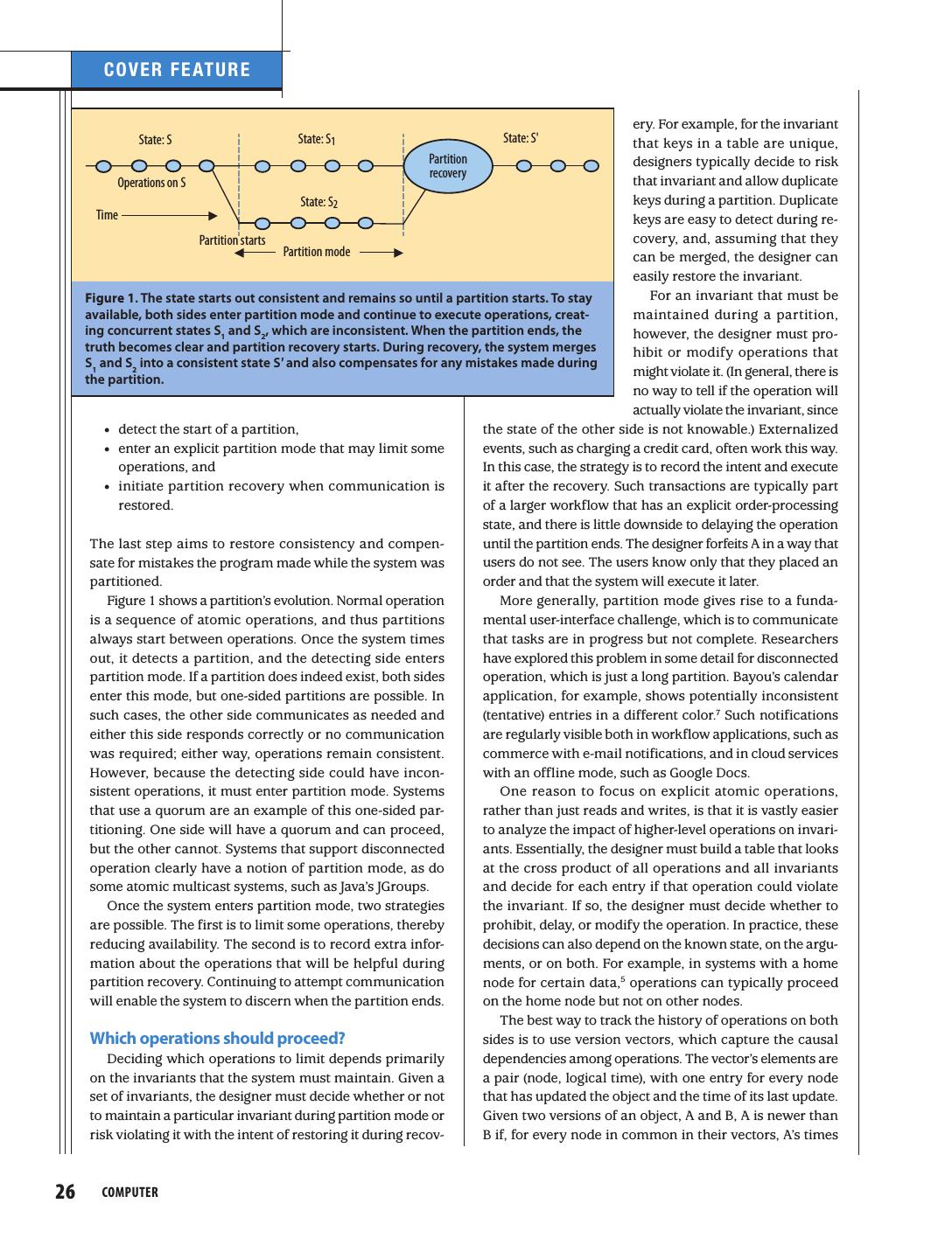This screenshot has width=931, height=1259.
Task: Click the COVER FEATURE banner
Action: (x=177, y=70)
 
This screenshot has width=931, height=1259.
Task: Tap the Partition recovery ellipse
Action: (x=447, y=166)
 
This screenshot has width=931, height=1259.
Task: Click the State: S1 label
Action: (x=317, y=139)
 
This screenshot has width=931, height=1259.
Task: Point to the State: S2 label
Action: (x=318, y=202)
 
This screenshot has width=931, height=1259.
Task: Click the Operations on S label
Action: (x=151, y=183)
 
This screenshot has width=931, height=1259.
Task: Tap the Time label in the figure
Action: (x=107, y=215)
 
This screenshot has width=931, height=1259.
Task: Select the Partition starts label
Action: (x=232, y=240)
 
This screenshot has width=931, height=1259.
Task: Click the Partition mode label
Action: (x=316, y=252)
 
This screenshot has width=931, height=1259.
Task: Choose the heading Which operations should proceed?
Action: (x=218, y=1039)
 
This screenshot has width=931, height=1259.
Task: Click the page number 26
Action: (x=66, y=1192)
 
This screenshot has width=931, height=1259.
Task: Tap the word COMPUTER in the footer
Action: (x=130, y=1193)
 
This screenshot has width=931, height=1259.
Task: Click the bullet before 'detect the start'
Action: (x=106, y=430)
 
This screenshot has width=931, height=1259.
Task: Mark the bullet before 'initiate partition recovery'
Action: (x=106, y=487)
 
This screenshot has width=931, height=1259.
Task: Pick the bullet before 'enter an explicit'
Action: (x=106, y=449)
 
